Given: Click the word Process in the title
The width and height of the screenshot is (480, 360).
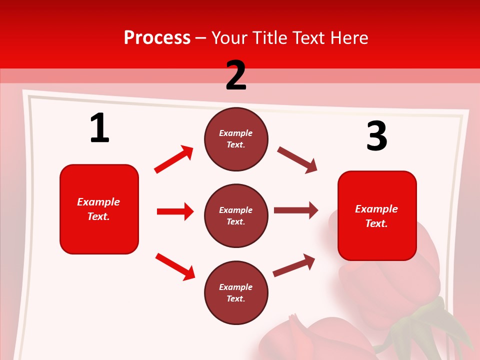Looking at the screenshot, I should tap(157, 38).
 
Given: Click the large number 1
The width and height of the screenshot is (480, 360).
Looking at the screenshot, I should tap(99, 128).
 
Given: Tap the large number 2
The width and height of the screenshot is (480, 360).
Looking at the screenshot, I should tap(236, 75).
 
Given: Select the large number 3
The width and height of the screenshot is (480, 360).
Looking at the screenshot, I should tap(376, 136).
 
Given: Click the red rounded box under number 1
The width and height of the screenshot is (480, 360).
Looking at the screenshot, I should tap(99, 209).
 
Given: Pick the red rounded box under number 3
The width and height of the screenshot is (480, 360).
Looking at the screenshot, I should tap(377, 215).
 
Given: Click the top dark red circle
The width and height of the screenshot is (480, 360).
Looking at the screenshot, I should tap(236, 139).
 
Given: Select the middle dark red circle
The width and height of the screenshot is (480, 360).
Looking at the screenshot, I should tap(236, 215).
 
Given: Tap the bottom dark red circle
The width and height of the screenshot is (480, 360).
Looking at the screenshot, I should tap(236, 292).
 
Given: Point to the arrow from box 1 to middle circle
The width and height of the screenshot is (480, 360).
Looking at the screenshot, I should tap(175, 211).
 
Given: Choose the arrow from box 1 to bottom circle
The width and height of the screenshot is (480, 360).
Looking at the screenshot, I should tap(175, 266).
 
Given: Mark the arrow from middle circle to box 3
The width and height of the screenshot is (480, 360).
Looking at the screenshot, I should tap(295, 210).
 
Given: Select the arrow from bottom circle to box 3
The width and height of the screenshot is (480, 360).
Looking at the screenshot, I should tap(294, 265).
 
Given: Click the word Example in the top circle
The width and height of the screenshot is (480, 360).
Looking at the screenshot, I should tap(236, 133).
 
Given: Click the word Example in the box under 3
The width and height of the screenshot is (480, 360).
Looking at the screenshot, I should tap(376, 209).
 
